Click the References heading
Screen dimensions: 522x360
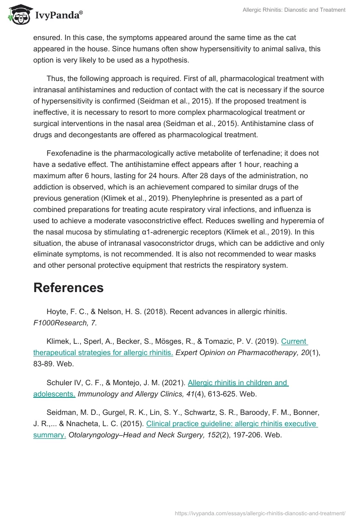coord(68,288)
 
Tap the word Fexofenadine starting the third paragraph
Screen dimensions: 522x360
coord(68,153)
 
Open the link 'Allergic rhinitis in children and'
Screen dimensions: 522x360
coord(238,382)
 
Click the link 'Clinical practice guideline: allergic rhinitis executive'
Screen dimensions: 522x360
coord(232,423)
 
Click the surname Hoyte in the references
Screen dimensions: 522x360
coord(56,311)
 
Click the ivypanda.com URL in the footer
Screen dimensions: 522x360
coord(260,513)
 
